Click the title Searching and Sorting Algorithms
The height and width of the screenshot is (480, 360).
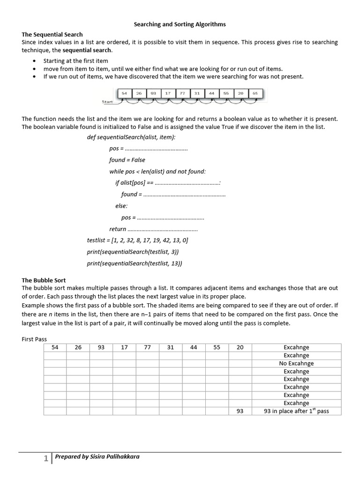(180, 24)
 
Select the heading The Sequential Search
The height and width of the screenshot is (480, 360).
(52, 34)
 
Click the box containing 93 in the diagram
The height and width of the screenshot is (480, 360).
(153, 93)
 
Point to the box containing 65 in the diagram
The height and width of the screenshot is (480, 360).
(255, 93)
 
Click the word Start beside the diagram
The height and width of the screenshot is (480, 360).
(108, 101)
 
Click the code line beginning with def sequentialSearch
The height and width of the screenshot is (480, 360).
(131, 137)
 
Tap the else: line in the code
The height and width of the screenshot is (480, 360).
(121, 206)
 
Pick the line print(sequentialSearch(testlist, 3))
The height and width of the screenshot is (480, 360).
(133, 252)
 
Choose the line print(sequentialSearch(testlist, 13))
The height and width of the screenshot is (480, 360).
(134, 263)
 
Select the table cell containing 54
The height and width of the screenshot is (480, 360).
(55, 347)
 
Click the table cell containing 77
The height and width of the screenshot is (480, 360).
(147, 347)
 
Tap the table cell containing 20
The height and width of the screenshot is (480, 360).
(240, 347)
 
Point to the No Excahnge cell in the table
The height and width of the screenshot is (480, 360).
(296, 363)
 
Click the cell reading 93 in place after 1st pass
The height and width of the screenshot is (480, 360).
(296, 411)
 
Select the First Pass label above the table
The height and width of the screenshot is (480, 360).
(34, 339)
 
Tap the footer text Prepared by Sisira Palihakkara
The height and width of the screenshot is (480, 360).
(97, 457)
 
